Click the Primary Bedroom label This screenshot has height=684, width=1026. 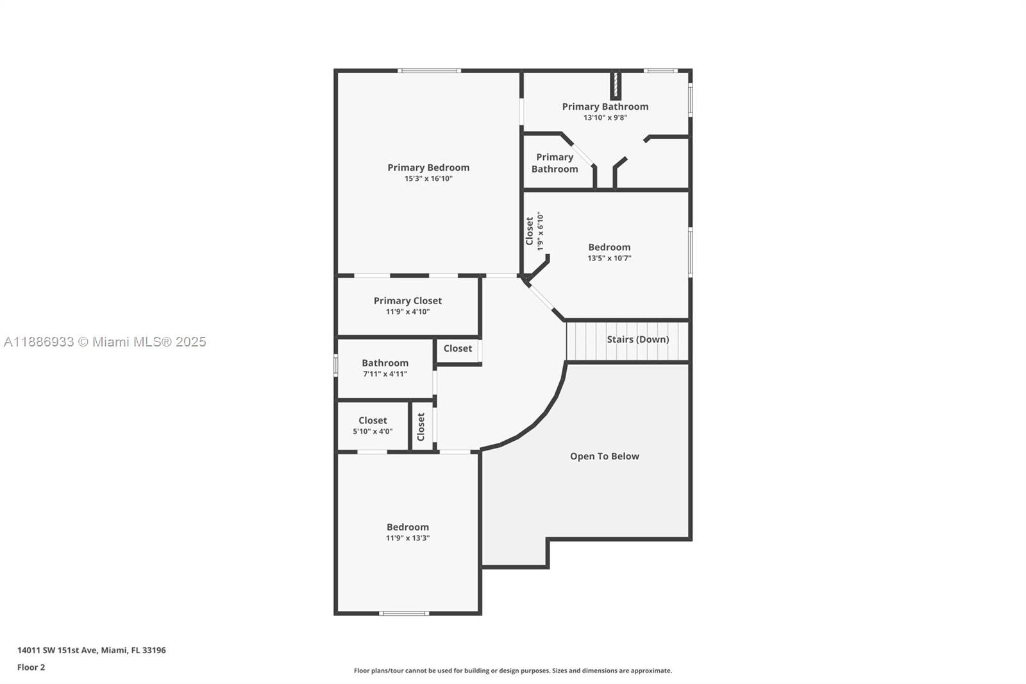tap(428, 167)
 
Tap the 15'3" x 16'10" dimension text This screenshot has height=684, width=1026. tap(428, 179)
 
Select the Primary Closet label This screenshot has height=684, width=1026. tap(408, 300)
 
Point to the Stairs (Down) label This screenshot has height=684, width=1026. tap(637, 339)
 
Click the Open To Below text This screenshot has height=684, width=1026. tap(604, 456)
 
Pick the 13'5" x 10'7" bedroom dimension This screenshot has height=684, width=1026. tap(609, 259)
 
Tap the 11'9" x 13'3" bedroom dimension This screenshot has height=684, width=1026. tap(408, 538)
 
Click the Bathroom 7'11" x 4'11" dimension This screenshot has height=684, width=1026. tap(385, 374)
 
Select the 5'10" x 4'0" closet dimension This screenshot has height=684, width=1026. tap(373, 432)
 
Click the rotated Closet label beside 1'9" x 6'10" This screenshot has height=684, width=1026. tap(530, 231)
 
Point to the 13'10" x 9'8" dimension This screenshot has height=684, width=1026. tap(605, 118)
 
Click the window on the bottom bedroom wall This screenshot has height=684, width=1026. tap(404, 613)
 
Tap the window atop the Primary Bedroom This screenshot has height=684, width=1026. tap(429, 71)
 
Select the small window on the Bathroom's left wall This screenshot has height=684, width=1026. tap(335, 365)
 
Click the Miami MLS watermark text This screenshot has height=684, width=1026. tap(105, 342)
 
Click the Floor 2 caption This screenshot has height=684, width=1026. tap(31, 667)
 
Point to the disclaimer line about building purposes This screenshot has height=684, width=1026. tap(513, 671)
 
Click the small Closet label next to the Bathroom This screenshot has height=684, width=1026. tap(457, 348)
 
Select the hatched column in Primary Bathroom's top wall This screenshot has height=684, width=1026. tap(615, 84)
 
